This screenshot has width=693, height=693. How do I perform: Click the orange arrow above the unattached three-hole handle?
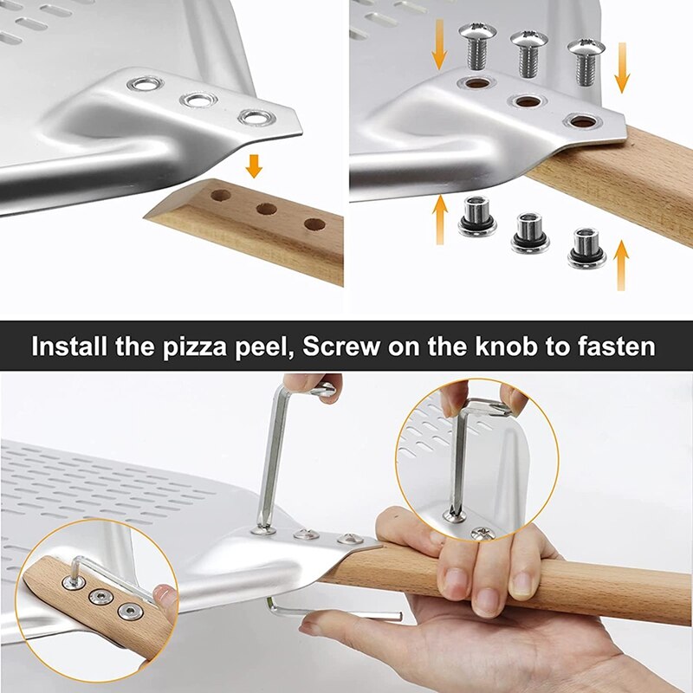(x=254, y=165)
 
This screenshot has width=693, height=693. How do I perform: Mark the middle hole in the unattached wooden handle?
(x=266, y=209)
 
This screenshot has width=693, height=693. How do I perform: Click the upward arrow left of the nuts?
(x=440, y=215)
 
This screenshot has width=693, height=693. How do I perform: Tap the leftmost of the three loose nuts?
(x=476, y=216)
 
